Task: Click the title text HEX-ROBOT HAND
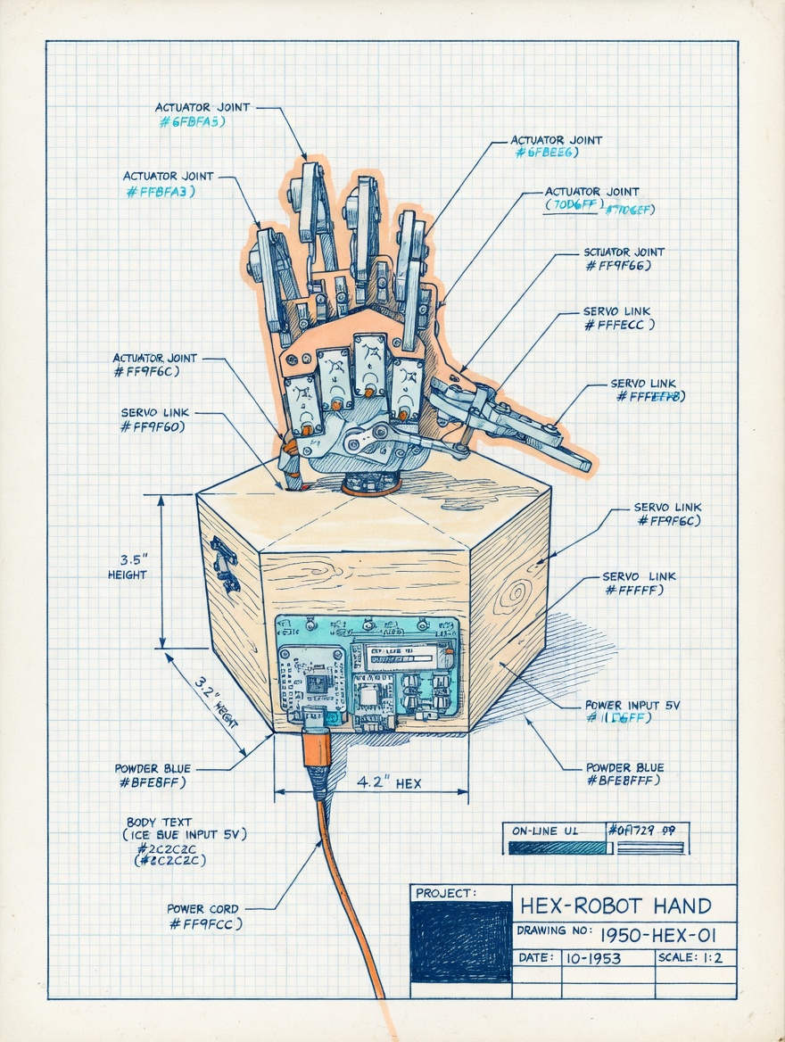click(x=616, y=906)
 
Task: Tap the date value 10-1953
click(x=594, y=959)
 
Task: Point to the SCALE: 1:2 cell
click(x=693, y=958)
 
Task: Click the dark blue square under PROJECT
click(x=460, y=941)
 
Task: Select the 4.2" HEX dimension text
click(x=389, y=783)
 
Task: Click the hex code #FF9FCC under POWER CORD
click(x=205, y=925)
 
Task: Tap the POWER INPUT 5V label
click(x=632, y=705)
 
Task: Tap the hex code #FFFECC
click(x=619, y=325)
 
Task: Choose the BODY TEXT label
click(x=158, y=822)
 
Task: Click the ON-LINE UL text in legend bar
click(x=546, y=831)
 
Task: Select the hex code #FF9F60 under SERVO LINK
click(x=153, y=427)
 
